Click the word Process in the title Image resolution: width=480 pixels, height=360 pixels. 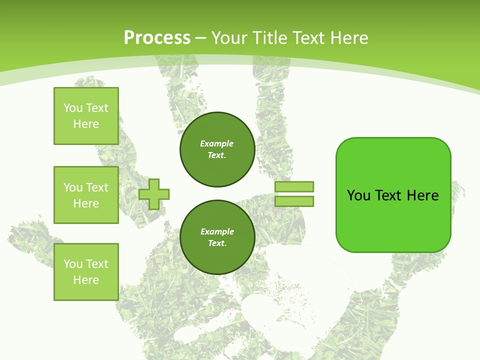point(157,38)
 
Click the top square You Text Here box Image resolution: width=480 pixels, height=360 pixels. point(86,116)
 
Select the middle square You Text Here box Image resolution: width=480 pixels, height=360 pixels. point(86,195)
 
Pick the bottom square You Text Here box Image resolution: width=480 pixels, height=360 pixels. point(86,272)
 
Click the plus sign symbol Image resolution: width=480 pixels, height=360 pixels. point(154,194)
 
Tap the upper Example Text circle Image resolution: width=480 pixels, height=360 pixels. point(217,149)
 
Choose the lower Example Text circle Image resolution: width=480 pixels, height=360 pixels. point(217,237)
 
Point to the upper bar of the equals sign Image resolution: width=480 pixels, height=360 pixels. point(294,186)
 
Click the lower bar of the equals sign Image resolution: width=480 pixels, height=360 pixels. point(294,201)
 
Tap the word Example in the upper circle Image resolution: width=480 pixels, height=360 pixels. point(217,143)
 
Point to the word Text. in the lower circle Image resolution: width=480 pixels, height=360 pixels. point(217,243)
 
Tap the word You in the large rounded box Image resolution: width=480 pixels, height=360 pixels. point(358,195)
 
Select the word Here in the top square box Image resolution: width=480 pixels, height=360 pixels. point(86,124)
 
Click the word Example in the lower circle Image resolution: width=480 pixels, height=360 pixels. point(217,231)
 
